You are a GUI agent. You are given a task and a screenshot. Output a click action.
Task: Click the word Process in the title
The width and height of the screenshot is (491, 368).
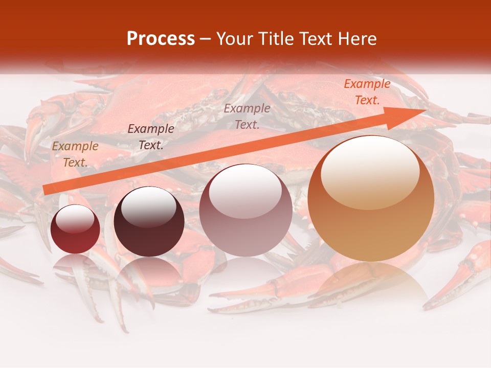tap(161, 39)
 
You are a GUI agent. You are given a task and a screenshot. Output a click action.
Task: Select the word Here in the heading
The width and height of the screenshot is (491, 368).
tap(358, 39)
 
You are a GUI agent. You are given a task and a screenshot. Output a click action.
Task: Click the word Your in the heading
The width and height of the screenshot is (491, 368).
tap(234, 39)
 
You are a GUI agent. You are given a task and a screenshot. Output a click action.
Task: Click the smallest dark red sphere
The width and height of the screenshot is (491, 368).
tap(75, 229)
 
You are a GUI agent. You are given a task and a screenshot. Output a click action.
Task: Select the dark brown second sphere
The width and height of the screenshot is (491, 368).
tap(149, 222)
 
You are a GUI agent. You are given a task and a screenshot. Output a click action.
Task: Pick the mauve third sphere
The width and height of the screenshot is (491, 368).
tap(245, 210)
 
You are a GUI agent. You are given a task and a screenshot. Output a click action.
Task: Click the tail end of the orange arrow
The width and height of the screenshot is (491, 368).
tap(46, 190)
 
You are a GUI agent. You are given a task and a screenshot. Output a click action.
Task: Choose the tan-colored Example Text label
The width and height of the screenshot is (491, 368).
tap(75, 154)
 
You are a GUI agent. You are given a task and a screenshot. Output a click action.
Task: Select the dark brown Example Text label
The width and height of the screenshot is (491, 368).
tap(150, 137)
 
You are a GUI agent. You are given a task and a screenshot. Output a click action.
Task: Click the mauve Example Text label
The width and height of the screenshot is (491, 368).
tap(247, 116)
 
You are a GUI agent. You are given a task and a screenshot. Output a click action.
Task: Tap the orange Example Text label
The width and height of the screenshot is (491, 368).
tap(367, 92)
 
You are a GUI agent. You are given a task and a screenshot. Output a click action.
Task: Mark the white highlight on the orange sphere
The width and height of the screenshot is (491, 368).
tap(370, 171)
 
